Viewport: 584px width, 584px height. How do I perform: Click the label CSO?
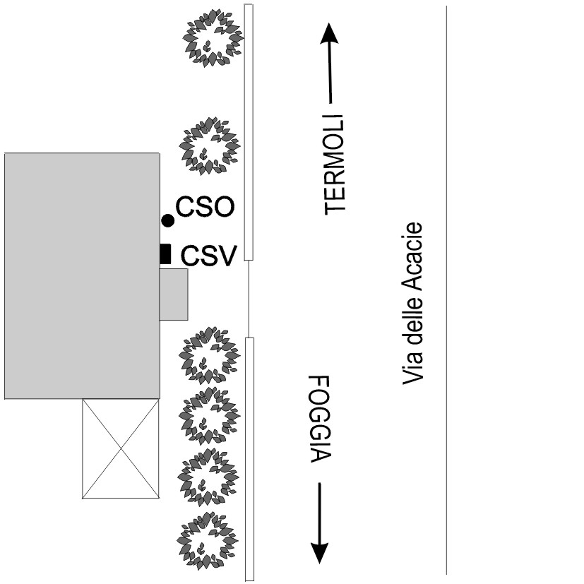point(205,208)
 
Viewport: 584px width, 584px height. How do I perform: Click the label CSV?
point(208,254)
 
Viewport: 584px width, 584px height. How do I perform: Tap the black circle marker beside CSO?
point(167,221)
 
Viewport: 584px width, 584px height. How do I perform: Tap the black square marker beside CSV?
point(165,254)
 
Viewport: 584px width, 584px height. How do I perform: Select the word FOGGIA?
point(320,418)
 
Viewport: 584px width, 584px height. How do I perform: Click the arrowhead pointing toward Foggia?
point(320,551)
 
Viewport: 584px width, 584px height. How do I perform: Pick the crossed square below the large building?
point(120,448)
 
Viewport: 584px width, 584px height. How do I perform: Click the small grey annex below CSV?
point(174,294)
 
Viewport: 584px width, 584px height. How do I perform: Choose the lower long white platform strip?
point(249,459)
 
